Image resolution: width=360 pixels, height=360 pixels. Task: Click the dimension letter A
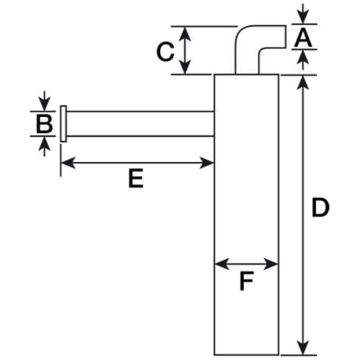303,37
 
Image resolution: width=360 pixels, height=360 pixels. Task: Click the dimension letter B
45,124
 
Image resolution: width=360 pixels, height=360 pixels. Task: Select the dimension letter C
165,52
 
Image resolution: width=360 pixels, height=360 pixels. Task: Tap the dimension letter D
320,207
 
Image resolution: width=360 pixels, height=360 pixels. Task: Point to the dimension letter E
136,179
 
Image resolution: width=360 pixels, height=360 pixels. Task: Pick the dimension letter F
246,281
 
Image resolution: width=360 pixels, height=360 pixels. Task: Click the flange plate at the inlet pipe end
63,124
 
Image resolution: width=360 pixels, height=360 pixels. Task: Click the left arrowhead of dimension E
68,163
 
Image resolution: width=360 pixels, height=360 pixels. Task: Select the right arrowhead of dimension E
207,163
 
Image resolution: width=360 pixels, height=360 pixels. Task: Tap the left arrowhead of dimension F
222,264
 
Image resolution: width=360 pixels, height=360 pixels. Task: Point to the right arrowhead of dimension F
271,264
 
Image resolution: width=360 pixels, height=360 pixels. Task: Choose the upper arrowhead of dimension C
185,34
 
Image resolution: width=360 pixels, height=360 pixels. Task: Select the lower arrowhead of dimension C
185,66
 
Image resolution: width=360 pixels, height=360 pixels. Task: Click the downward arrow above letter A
303,14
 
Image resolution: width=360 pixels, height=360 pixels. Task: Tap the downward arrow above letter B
45,101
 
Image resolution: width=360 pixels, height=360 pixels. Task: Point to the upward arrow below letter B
45,146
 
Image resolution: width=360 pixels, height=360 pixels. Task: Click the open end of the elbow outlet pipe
286,37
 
